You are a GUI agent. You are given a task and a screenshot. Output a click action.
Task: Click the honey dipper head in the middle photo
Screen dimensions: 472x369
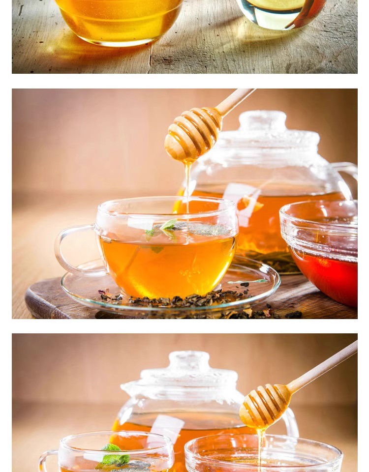[x=192, y=134]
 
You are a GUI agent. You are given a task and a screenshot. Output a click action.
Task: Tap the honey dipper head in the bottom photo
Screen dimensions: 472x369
[x=265, y=406]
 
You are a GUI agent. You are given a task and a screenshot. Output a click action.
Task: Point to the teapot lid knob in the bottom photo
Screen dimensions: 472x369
[x=189, y=360]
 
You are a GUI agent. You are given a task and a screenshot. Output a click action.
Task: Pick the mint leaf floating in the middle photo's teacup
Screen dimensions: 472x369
[x=168, y=227]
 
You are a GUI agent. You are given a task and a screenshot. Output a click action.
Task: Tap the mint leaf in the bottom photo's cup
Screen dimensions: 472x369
[x=114, y=456]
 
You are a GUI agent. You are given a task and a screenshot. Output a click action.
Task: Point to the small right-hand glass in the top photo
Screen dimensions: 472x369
[x=280, y=12]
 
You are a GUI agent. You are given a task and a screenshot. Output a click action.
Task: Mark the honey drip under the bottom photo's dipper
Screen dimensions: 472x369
[x=259, y=445]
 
